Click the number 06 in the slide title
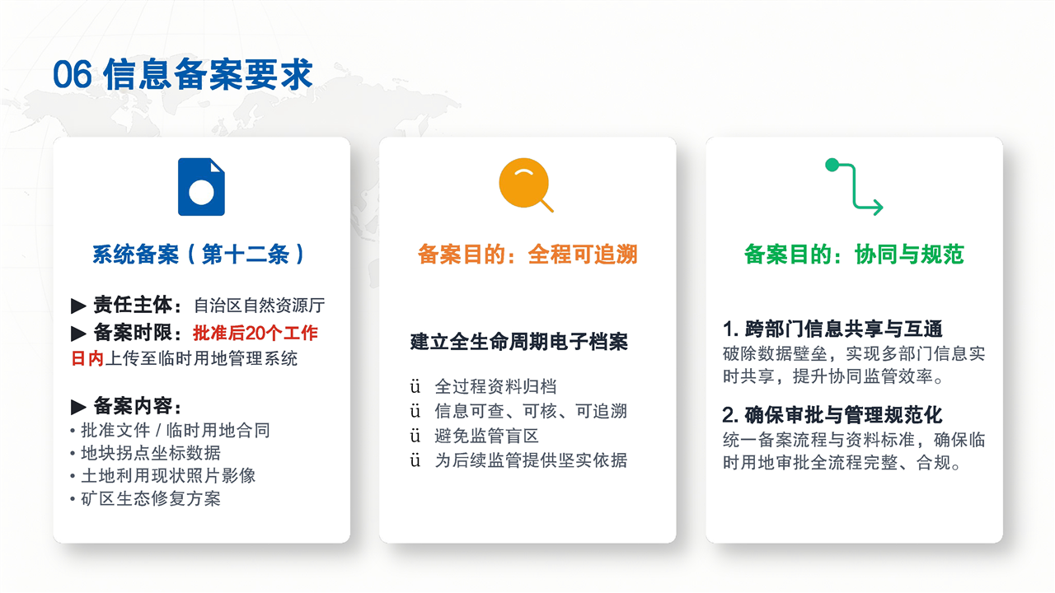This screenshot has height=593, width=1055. coord(72,74)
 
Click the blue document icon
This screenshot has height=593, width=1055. coord(201,187)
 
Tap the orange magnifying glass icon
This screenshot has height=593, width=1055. coord(526,185)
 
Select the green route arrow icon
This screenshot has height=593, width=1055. coord(854,187)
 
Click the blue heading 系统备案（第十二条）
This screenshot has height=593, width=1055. coord(199,254)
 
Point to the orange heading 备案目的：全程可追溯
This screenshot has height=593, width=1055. coord(527,254)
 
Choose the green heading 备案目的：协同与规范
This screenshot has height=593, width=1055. coord(854,254)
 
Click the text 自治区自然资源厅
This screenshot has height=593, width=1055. coord(260,306)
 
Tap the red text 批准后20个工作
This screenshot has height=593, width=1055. coord(256,334)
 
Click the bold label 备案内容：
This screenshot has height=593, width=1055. coord(137,406)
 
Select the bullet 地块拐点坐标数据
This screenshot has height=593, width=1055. coord(151,453)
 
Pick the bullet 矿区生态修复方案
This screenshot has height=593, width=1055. coord(151,498)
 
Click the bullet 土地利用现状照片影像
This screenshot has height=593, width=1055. coord(168,476)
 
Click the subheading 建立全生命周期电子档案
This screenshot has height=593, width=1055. coord(518,342)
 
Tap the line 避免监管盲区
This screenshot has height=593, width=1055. coord(486,436)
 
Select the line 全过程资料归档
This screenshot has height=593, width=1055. coord(495,386)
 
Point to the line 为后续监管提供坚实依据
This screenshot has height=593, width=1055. coord(531,460)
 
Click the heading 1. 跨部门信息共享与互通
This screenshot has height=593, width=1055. coord(832,329)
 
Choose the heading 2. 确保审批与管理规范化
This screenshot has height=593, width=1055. coord(832,415)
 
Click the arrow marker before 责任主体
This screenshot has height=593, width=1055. coord(78,306)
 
